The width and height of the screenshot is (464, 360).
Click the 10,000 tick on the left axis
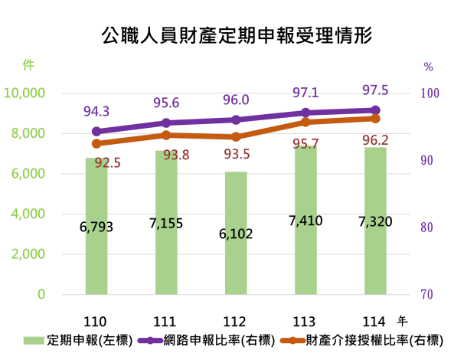tap(25, 93)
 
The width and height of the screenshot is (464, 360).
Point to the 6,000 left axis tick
tap(28, 173)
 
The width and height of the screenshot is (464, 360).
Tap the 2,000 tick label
tap(28, 254)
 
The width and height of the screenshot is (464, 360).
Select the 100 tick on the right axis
tap(429, 93)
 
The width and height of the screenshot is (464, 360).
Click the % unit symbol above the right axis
tap(428, 67)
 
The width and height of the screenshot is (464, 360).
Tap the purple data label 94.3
tap(96, 112)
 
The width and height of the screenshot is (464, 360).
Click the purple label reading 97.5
tap(375, 90)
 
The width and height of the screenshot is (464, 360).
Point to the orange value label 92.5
tap(108, 162)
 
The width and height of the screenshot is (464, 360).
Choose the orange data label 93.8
tap(176, 155)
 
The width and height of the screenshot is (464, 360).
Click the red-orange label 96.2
tap(375, 140)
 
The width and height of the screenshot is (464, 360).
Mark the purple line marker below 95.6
tap(166, 123)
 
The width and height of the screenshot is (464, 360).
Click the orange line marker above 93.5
tap(236, 136)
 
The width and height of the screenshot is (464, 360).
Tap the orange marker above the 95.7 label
tap(306, 121)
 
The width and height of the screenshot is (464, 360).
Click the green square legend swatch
tap(34, 340)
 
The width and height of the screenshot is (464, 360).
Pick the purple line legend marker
tap(150, 340)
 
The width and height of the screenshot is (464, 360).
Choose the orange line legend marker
tap(292, 340)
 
